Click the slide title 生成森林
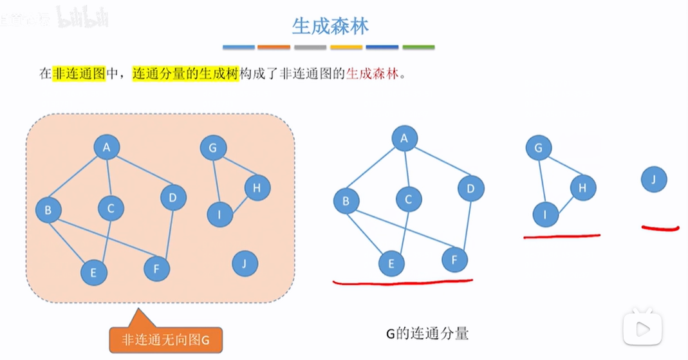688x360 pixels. (x=330, y=26)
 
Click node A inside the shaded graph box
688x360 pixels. (x=107, y=147)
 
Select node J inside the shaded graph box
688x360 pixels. (x=244, y=263)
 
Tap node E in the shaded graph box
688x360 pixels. (x=94, y=272)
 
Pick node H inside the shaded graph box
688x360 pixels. (x=257, y=187)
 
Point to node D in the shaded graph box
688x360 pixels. (x=172, y=197)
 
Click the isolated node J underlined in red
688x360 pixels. (x=653, y=180)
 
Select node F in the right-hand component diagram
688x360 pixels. (x=454, y=260)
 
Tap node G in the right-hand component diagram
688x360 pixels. (x=539, y=148)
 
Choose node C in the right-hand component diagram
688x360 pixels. (x=409, y=200)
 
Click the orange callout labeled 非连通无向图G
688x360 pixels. (x=167, y=339)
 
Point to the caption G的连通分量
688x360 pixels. (x=427, y=334)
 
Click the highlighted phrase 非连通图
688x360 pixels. (x=79, y=73)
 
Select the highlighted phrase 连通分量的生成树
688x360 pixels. (x=185, y=73)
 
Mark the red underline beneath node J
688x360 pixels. (x=660, y=227)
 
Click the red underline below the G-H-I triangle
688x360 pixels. (x=562, y=236)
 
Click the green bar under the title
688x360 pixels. (x=418, y=47)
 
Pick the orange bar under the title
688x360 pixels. (x=274, y=47)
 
